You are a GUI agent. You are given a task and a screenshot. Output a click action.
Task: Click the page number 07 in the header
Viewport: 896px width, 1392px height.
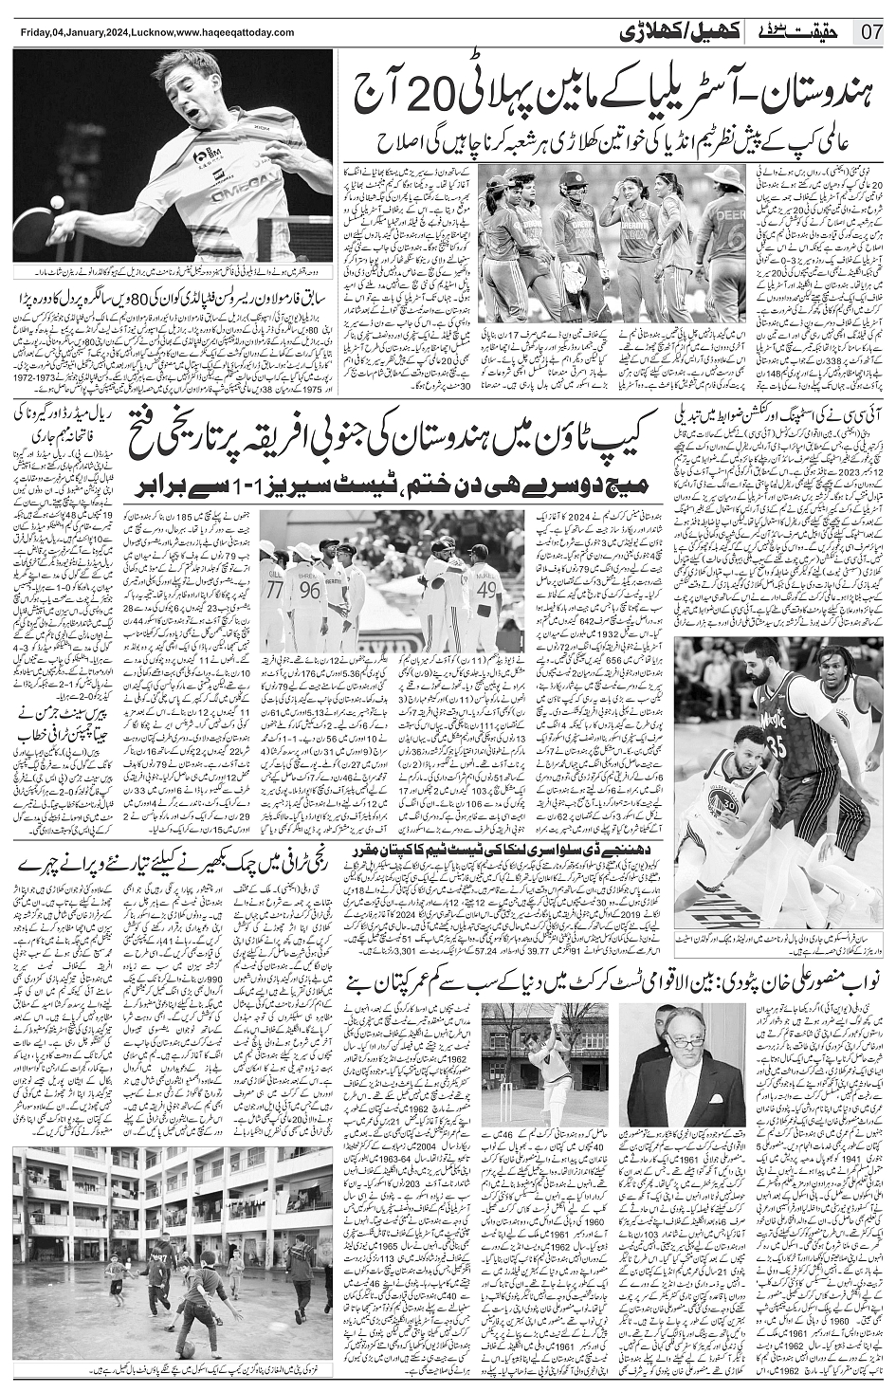coord(871,29)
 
